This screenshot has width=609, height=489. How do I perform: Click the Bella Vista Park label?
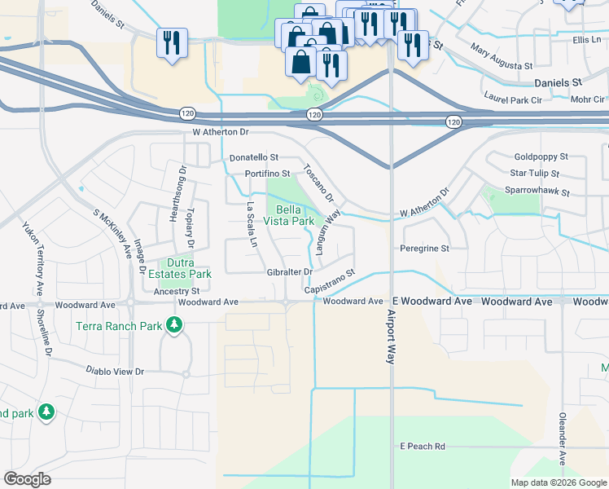[289, 215]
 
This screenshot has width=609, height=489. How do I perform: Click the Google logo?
[27, 479]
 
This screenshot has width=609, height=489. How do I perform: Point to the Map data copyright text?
[559, 482]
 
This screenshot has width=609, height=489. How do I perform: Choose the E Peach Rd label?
[423, 447]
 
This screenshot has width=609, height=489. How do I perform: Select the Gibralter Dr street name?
[290, 271]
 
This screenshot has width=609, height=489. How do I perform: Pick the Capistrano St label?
[331, 282]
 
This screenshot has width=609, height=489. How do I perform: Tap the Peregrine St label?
[424, 248]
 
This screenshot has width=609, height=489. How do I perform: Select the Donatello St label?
[254, 157]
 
